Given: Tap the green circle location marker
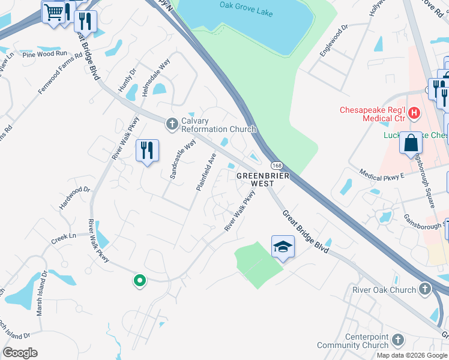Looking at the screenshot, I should [139, 280].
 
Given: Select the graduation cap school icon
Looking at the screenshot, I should [283, 246].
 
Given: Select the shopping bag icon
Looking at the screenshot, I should [411, 143].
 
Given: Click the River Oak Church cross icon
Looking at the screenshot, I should [424, 289].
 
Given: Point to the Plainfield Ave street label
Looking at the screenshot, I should [205, 172].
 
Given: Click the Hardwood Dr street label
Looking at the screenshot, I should [74, 197].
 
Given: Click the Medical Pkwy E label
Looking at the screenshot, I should [382, 173].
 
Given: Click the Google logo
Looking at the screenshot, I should [20, 353].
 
